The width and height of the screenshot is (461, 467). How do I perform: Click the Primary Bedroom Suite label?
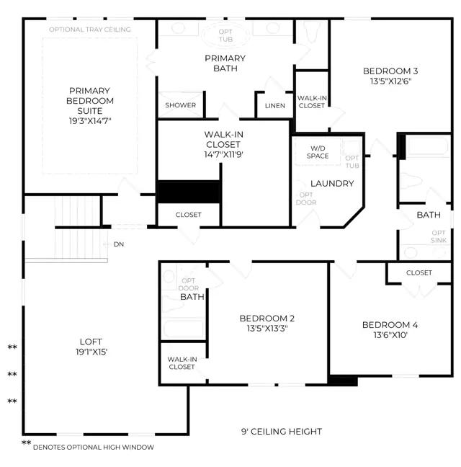[90, 101]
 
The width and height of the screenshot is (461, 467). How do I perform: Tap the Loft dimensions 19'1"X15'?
[91, 352]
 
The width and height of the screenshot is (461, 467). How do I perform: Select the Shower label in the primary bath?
[180, 105]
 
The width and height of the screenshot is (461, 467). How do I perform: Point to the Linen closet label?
[275, 106]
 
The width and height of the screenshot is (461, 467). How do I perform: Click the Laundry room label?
[332, 184]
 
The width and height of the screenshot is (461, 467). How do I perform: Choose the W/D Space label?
[318, 152]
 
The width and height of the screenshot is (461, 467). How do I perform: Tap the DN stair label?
[119, 244]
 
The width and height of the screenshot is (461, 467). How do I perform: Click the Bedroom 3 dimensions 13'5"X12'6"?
[390, 81]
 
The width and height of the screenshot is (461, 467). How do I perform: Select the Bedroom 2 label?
[267, 319]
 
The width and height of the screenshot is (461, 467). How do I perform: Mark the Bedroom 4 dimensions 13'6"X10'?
[390, 335]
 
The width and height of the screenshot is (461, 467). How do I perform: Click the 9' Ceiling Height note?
[282, 432]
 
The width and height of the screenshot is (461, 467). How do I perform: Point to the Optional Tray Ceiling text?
[90, 30]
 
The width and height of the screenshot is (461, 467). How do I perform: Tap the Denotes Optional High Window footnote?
[94, 447]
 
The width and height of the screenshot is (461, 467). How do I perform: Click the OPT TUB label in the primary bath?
[225, 35]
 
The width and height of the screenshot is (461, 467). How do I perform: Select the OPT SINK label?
[439, 236]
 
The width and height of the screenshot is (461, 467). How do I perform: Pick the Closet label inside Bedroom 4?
[419, 273]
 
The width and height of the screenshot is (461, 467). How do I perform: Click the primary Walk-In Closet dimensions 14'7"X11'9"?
[223, 154]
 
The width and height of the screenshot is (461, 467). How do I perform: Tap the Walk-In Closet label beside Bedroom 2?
[182, 363]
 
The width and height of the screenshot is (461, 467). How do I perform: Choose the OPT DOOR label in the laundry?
[306, 199]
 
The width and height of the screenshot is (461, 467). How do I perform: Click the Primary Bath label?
[225, 63]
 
